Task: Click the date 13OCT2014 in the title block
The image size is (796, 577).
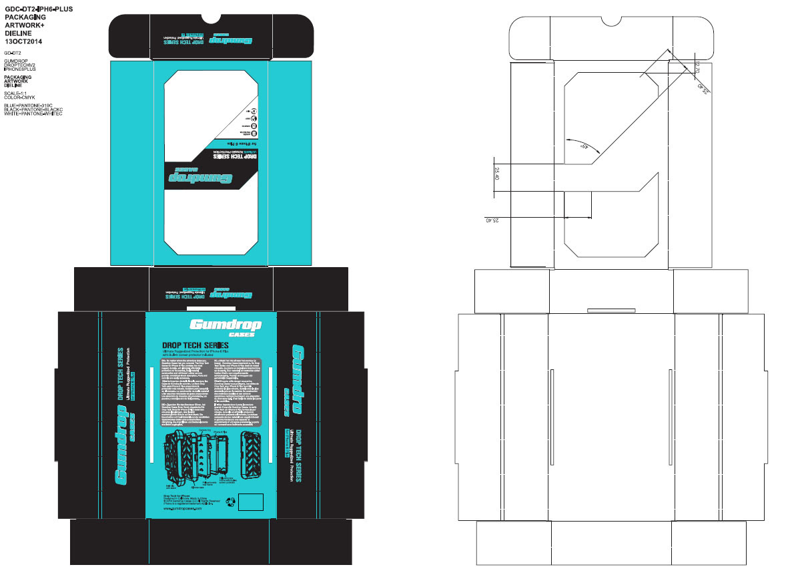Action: (x=23, y=41)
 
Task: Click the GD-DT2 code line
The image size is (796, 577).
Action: (x=12, y=52)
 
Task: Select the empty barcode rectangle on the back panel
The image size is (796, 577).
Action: (x=252, y=502)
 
